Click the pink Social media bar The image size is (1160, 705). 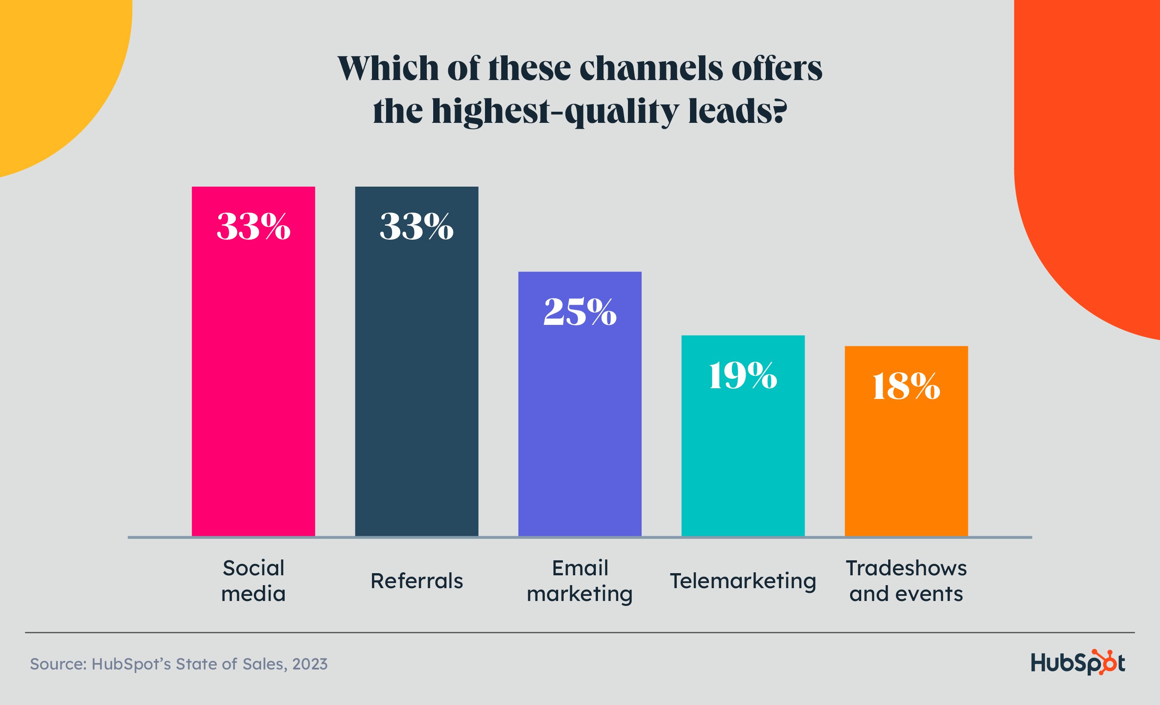click(253, 377)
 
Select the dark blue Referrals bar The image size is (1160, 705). click(416, 377)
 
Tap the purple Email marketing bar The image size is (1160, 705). click(580, 414)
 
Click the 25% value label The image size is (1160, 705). click(580, 312)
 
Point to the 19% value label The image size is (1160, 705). click(743, 376)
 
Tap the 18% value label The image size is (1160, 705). click(906, 387)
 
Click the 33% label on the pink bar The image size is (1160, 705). click(253, 226)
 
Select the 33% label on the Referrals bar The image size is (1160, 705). click(416, 226)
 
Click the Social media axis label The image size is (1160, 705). click(253, 581)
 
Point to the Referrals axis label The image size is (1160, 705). click(416, 581)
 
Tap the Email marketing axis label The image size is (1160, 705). click(580, 581)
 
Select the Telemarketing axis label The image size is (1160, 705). click(743, 581)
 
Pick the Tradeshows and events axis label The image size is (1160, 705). click(906, 581)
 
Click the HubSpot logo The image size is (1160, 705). click(1078, 663)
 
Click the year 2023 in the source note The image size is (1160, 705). click(309, 664)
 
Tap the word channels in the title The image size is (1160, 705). click(651, 68)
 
